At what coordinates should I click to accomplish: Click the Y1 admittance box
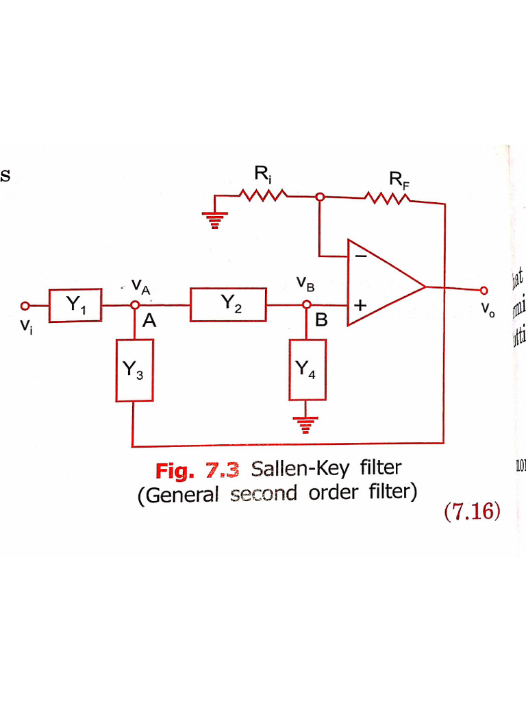(75, 305)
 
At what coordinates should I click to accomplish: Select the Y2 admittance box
(228, 305)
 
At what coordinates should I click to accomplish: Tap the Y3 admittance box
(133, 370)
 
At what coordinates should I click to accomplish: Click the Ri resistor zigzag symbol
(263, 196)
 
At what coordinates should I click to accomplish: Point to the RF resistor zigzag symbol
(388, 198)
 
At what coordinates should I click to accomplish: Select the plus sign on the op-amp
(360, 305)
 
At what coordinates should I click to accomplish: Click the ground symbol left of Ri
(214, 220)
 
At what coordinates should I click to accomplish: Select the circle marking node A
(135, 305)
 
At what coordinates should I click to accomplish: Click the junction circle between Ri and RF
(319, 197)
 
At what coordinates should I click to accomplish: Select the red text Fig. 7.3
(197, 470)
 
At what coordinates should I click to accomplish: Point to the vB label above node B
(305, 282)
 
